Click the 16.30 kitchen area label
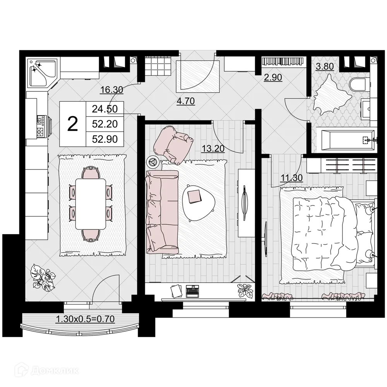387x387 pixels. click(111, 90)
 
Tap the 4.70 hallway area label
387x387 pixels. click(185, 102)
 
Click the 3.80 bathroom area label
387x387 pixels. click(325, 66)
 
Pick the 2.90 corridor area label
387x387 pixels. click(273, 77)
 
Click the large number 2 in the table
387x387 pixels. click(72, 124)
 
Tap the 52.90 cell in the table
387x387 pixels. click(104, 139)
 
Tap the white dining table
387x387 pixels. click(91, 204)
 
